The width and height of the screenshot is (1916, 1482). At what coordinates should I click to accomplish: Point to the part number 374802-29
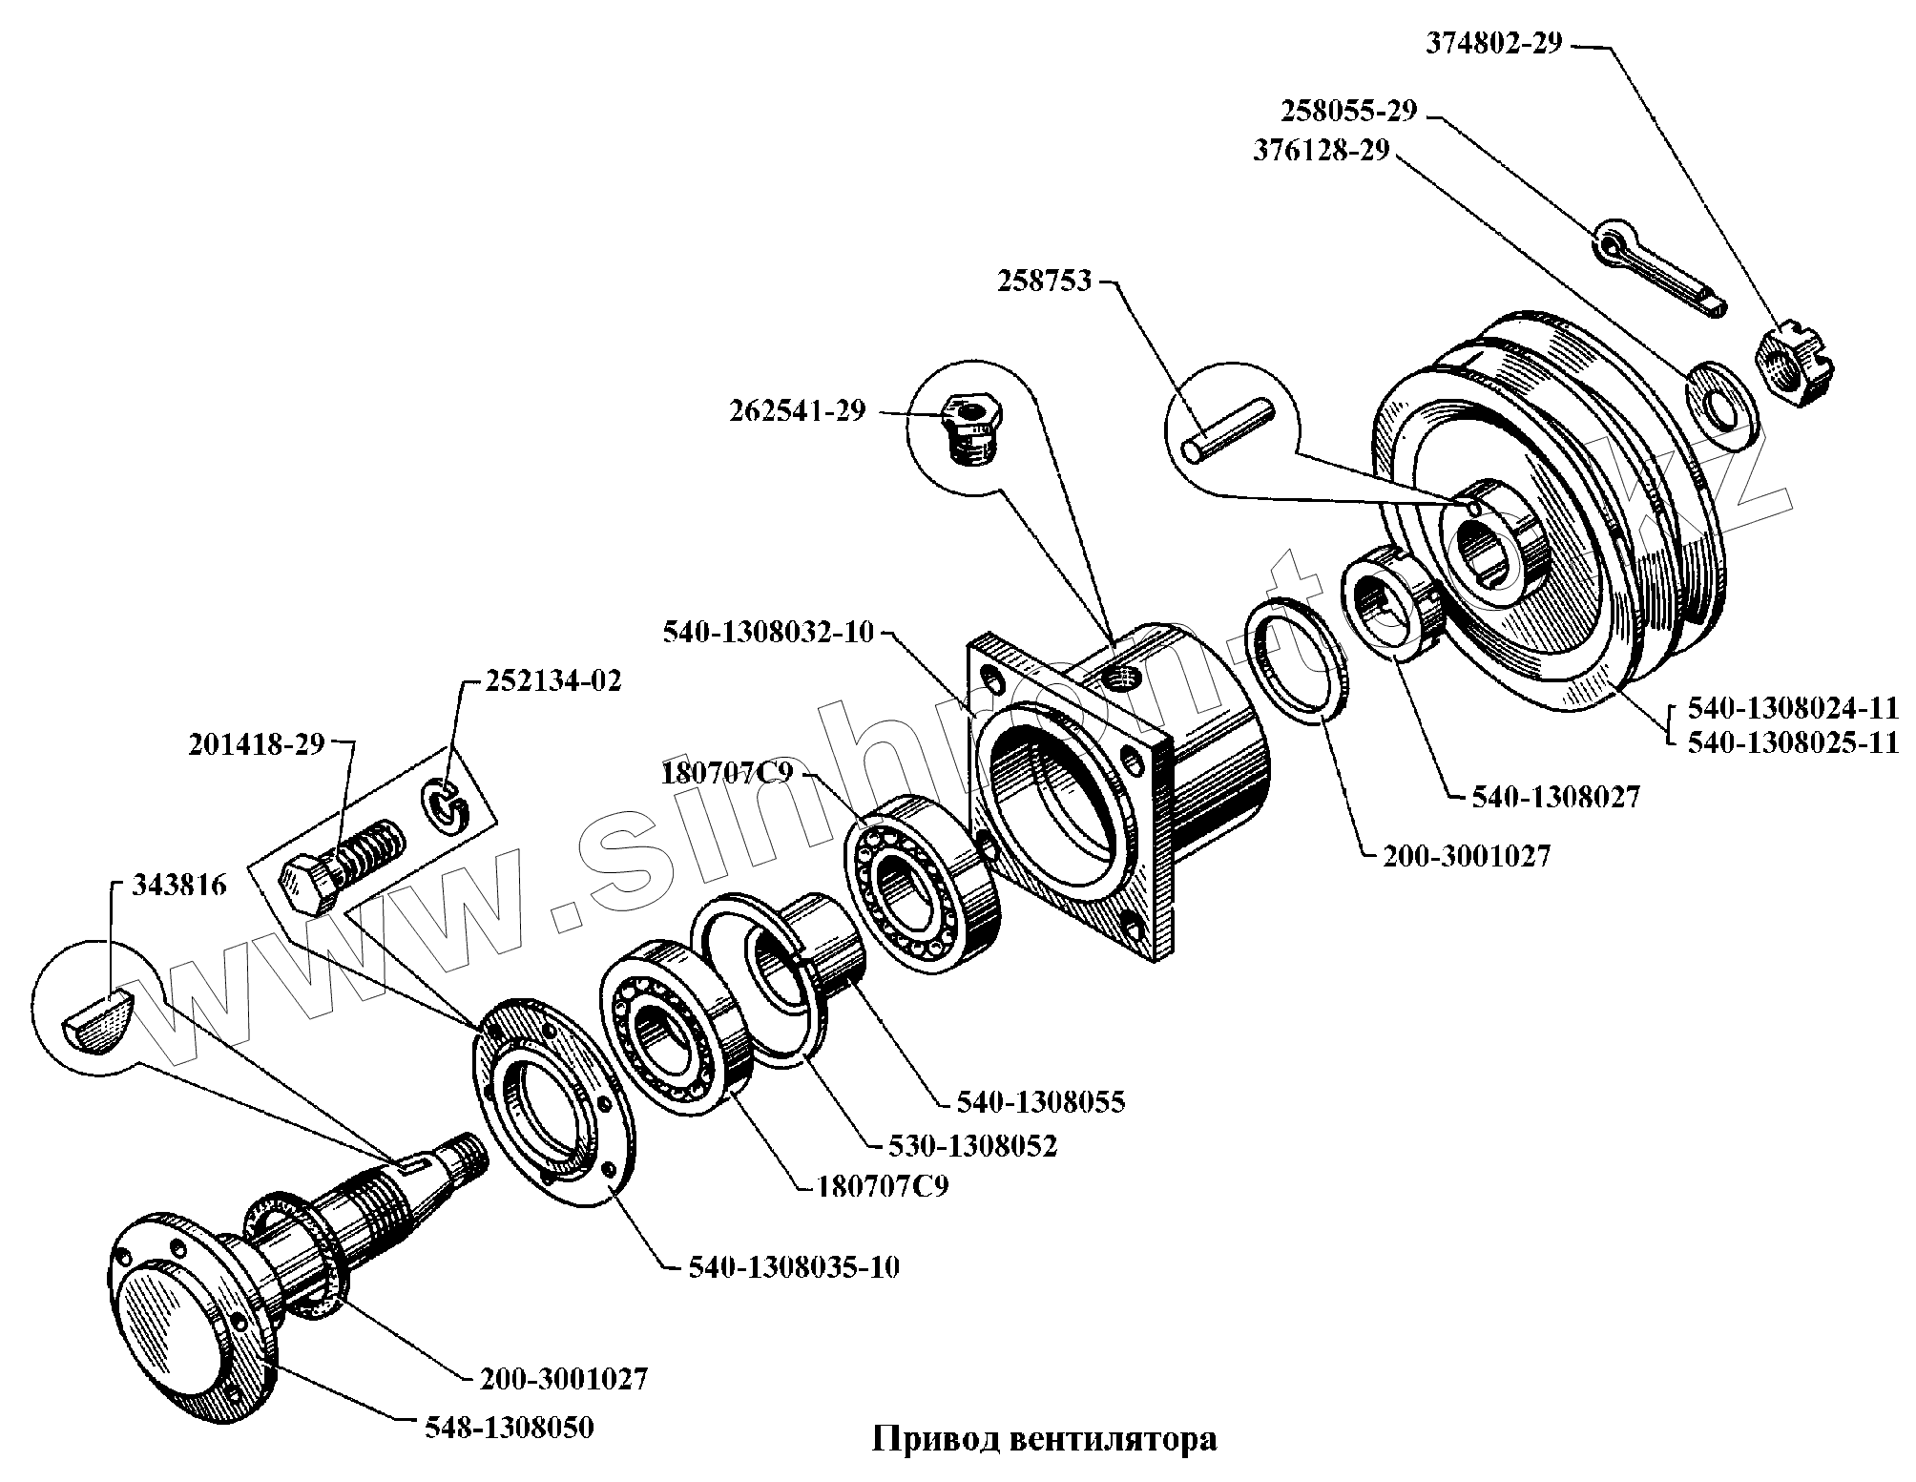[1494, 44]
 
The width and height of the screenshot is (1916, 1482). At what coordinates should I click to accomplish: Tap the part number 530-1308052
[973, 1145]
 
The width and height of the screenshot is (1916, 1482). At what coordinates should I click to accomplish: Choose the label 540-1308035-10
[793, 1267]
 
